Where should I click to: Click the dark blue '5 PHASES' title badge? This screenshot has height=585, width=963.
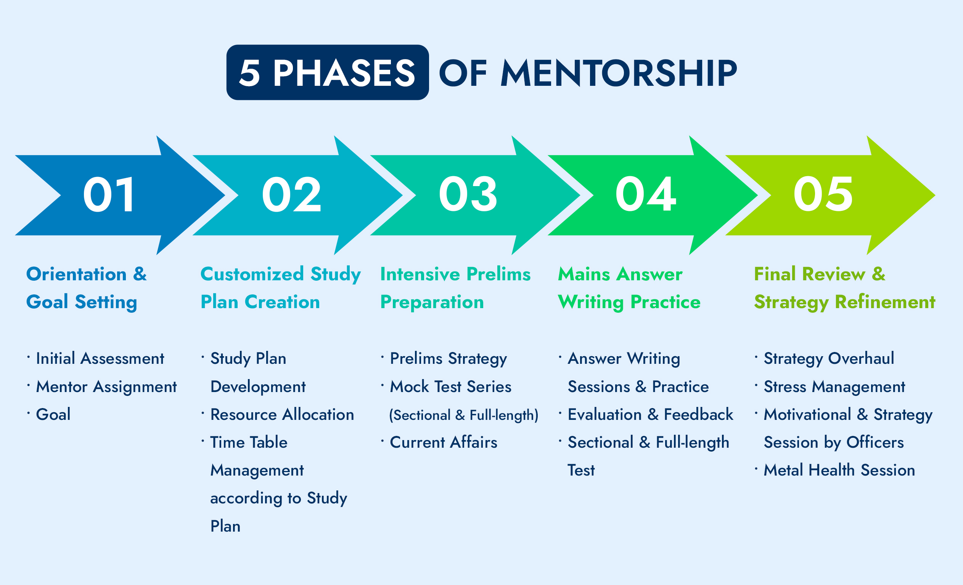328,72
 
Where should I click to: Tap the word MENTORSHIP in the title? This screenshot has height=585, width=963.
619,73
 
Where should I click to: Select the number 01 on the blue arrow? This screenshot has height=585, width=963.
109,194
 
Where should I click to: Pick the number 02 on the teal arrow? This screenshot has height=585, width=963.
291,194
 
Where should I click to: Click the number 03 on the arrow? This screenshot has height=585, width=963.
468,194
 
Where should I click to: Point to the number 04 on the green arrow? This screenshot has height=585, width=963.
646,194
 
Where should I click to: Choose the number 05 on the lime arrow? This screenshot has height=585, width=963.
823,194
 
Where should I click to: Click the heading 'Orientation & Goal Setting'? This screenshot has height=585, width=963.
86,288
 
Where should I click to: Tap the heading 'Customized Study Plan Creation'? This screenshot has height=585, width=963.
281,288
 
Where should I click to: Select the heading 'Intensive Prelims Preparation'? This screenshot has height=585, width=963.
455,288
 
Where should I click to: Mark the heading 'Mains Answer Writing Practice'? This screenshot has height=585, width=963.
629,288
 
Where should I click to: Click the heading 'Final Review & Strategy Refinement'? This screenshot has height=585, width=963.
844,288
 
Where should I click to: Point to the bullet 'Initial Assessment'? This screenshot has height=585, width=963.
100,358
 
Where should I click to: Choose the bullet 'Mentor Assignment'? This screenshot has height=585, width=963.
106,386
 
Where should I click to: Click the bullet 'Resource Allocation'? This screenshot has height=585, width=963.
282,414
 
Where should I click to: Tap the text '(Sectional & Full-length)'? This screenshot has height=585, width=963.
464,415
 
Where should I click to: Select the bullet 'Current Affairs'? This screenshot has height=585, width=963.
444,442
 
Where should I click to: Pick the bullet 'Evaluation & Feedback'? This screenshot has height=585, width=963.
650,414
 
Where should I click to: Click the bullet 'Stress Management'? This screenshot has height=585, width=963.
834,386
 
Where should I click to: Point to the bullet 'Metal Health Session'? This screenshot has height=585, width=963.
839,470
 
